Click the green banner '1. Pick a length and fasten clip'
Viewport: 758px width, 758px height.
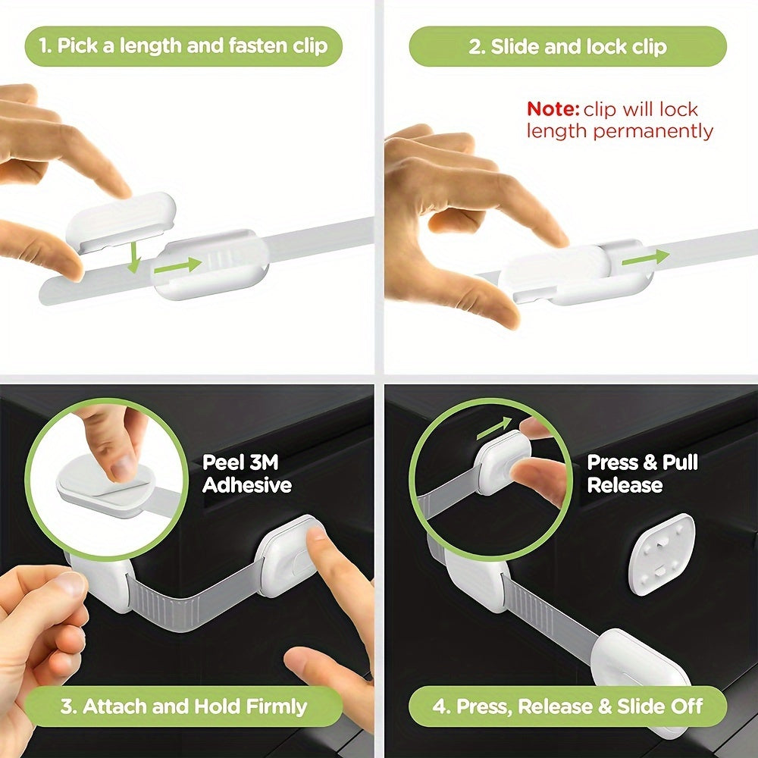[183, 46]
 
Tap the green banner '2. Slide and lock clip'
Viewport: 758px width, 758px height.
[568, 46]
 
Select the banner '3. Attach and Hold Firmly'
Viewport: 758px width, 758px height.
[183, 707]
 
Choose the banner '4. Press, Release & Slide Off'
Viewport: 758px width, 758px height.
[568, 707]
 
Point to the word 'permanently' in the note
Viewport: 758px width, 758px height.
[653, 131]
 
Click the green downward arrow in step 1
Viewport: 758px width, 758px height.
[134, 257]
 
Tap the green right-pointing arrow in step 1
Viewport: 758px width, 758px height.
[180, 265]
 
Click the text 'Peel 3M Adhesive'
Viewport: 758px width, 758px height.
[246, 474]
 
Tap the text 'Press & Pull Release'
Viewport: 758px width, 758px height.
[642, 474]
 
